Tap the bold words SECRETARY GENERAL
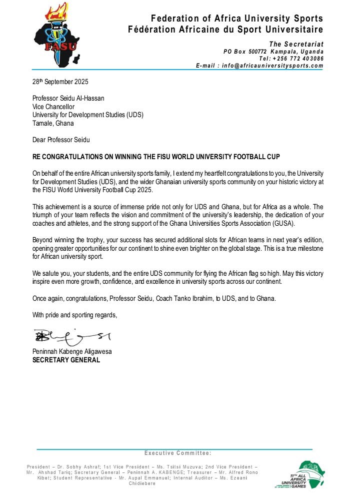[66, 359]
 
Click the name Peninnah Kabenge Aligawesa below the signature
[72, 351]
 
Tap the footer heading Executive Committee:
[178, 453]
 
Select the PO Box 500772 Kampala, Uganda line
[273, 52]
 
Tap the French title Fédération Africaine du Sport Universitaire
[225, 30]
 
